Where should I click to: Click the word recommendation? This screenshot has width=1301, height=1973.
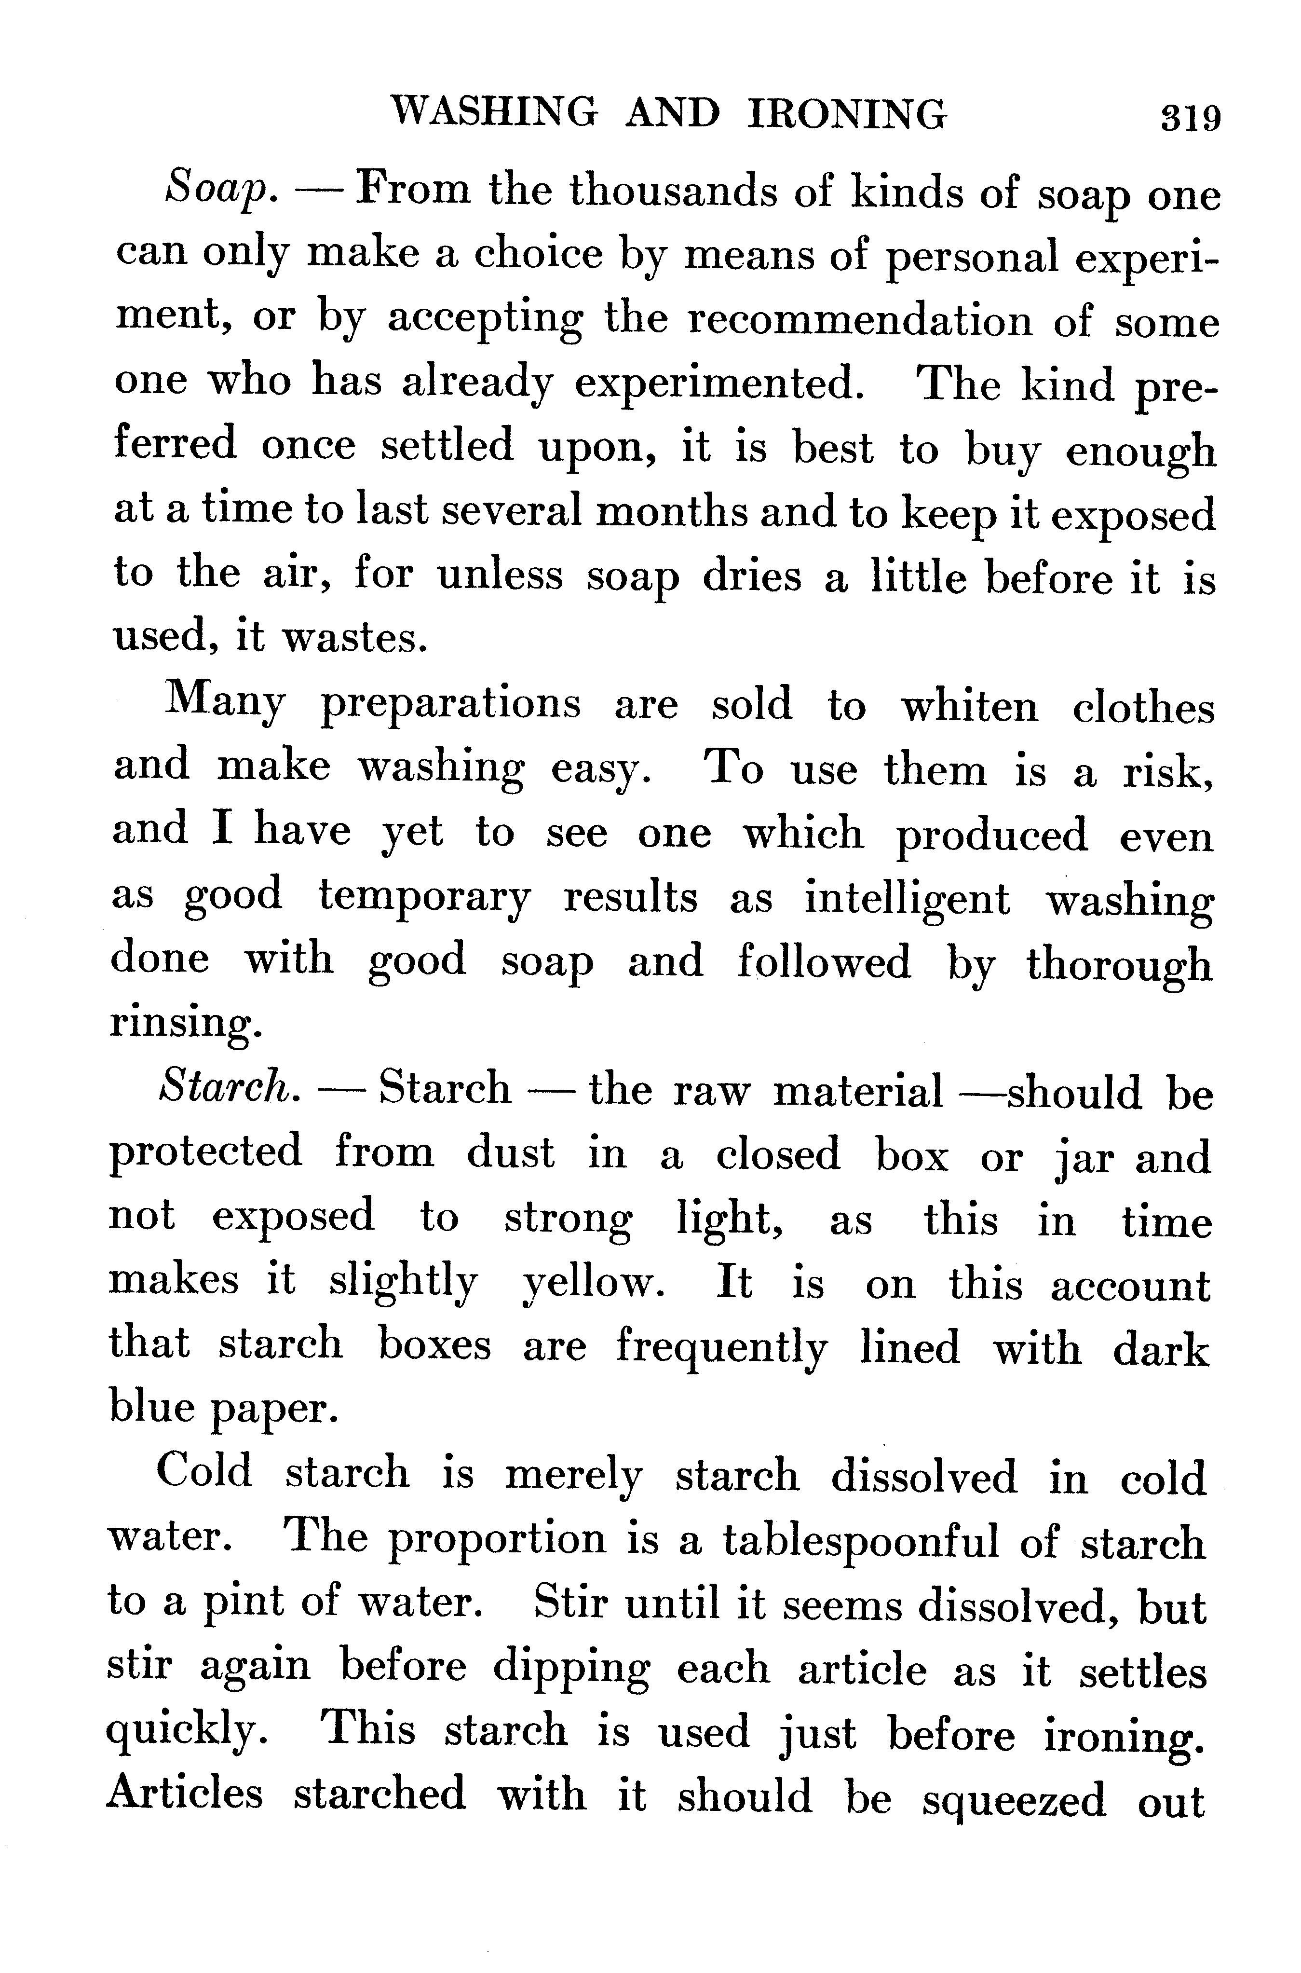[x=860, y=320]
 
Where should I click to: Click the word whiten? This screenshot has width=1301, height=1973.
[x=969, y=706]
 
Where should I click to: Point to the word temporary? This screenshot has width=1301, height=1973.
[x=424, y=899]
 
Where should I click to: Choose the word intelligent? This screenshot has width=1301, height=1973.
[x=907, y=899]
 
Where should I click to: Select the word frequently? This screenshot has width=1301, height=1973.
[x=720, y=1348]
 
